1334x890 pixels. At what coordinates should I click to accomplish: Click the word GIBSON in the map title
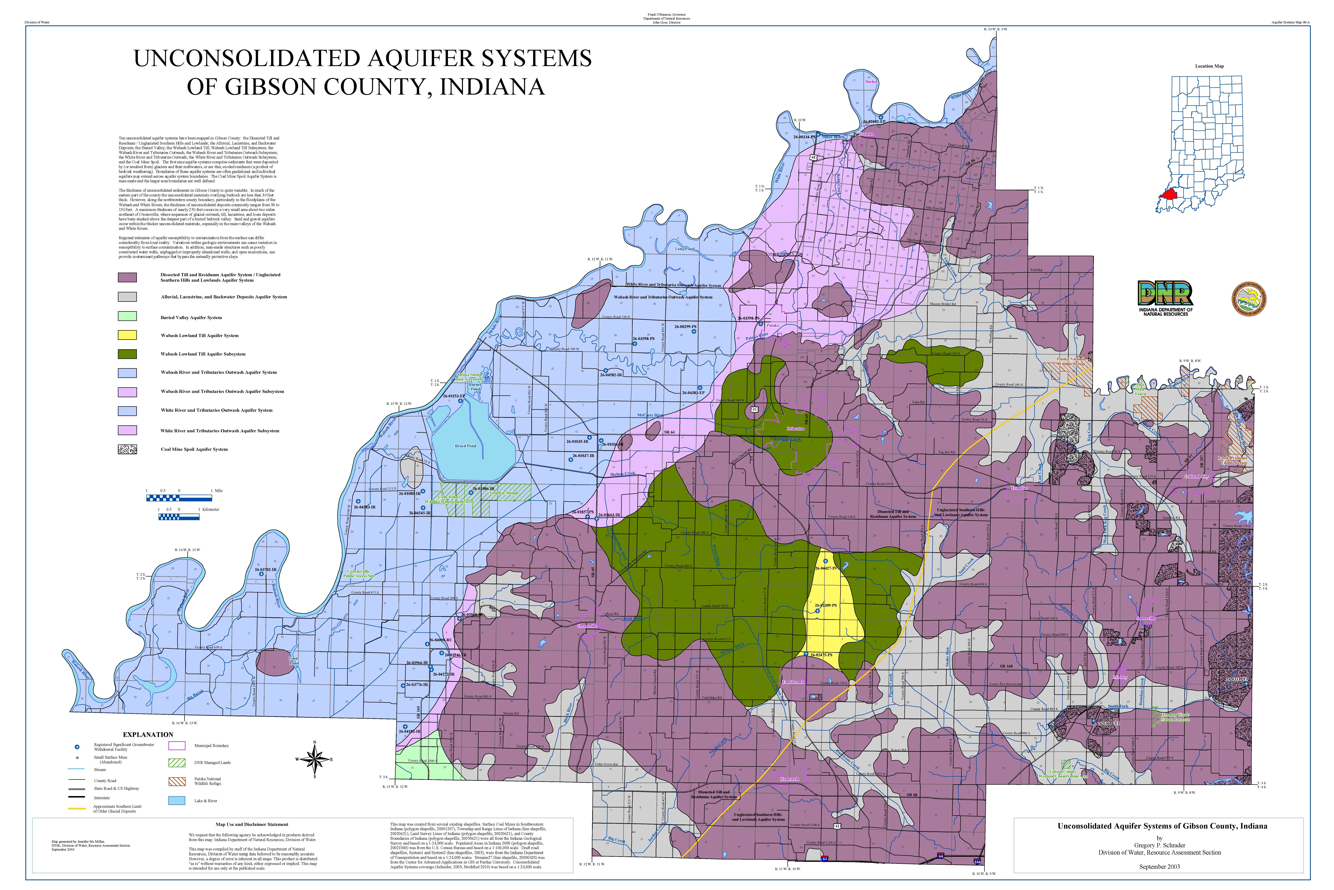(272, 87)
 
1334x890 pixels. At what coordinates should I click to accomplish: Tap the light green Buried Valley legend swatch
(127, 317)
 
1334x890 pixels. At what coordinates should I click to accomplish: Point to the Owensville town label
(587, 626)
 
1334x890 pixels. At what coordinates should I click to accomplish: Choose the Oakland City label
(1197, 477)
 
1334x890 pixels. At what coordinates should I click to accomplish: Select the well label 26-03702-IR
(265, 569)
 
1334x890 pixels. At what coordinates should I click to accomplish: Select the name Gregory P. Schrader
(1159, 845)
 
